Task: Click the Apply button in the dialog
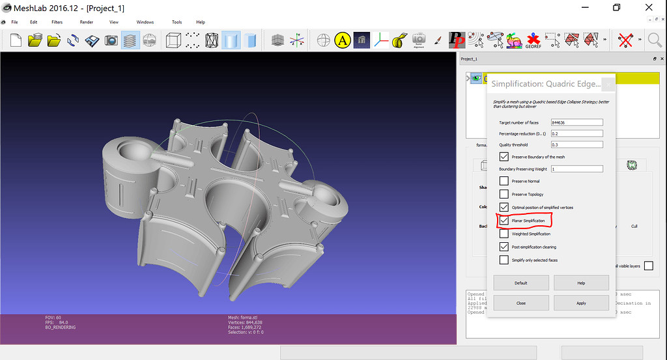581,303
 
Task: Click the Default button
520,283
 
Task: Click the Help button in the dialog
581,283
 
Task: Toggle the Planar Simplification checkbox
504,221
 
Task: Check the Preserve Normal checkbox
504,181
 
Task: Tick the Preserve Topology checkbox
504,194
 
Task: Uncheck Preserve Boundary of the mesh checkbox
504,157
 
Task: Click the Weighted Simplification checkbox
504,234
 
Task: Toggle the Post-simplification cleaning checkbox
504,247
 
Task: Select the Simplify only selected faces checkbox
504,260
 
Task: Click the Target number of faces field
576,122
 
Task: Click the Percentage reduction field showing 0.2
576,133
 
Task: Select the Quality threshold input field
576,145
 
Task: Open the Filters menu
57,22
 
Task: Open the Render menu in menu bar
86,22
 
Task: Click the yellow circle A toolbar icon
343,40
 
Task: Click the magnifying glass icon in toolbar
655,40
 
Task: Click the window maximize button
616,7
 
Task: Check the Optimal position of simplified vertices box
504,207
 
